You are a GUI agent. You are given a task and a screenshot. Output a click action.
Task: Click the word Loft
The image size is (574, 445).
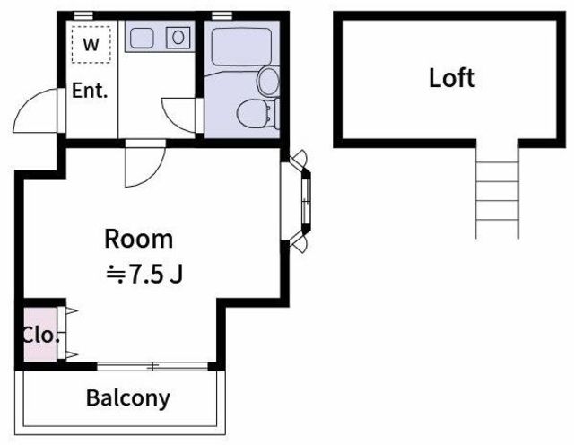[x=452, y=78]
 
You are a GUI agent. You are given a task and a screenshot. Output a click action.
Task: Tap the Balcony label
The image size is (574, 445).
[x=128, y=398]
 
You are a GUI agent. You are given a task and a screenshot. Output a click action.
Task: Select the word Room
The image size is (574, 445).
[x=139, y=240]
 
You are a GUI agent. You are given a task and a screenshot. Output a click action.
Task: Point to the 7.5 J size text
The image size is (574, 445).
[x=144, y=275]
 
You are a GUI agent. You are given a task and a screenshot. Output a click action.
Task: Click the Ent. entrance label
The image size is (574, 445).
[x=90, y=91]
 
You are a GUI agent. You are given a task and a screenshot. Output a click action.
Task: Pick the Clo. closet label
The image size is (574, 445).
[x=40, y=336]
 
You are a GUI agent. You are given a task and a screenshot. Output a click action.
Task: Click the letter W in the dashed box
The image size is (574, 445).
[x=91, y=44]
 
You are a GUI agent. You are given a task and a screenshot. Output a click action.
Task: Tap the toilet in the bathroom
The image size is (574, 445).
[x=257, y=114]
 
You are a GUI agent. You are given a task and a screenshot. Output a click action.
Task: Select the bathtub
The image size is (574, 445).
[x=241, y=47]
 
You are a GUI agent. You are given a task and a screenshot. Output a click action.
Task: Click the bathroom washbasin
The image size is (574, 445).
[x=269, y=82]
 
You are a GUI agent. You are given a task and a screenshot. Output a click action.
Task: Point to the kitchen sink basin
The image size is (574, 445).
[x=142, y=38]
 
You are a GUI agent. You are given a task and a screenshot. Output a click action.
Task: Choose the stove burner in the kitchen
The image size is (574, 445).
[x=178, y=38]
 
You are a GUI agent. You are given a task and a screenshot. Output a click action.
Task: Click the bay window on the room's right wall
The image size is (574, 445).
[x=297, y=201]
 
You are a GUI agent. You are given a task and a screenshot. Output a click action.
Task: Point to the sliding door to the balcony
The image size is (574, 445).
[x=152, y=366]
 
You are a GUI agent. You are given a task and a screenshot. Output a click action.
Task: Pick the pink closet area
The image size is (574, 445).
[x=40, y=335]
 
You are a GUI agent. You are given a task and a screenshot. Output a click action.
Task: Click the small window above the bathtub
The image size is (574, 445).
[x=222, y=15]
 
